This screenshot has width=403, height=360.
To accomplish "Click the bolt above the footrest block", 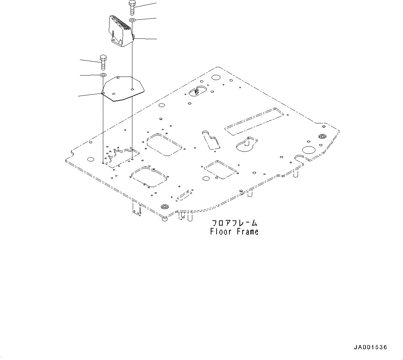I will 132,8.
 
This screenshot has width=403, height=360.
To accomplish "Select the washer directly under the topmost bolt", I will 132,20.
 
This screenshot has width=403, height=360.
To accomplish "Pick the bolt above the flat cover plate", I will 103,62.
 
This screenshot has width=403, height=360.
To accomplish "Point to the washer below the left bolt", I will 103,75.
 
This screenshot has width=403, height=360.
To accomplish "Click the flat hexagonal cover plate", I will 124,88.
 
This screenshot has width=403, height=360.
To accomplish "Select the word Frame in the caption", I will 247,231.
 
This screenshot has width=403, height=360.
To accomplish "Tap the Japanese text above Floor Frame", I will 234,223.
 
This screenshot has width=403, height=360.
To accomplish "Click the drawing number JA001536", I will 370,347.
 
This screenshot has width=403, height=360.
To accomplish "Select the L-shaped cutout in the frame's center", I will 211,140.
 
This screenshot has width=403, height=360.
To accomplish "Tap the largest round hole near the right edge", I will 308,150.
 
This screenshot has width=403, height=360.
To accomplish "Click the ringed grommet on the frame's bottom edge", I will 164,207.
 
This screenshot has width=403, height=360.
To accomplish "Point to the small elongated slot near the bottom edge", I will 184,195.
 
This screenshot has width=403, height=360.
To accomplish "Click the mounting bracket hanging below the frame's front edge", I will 137,209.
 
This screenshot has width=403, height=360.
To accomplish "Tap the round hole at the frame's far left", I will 90,159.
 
